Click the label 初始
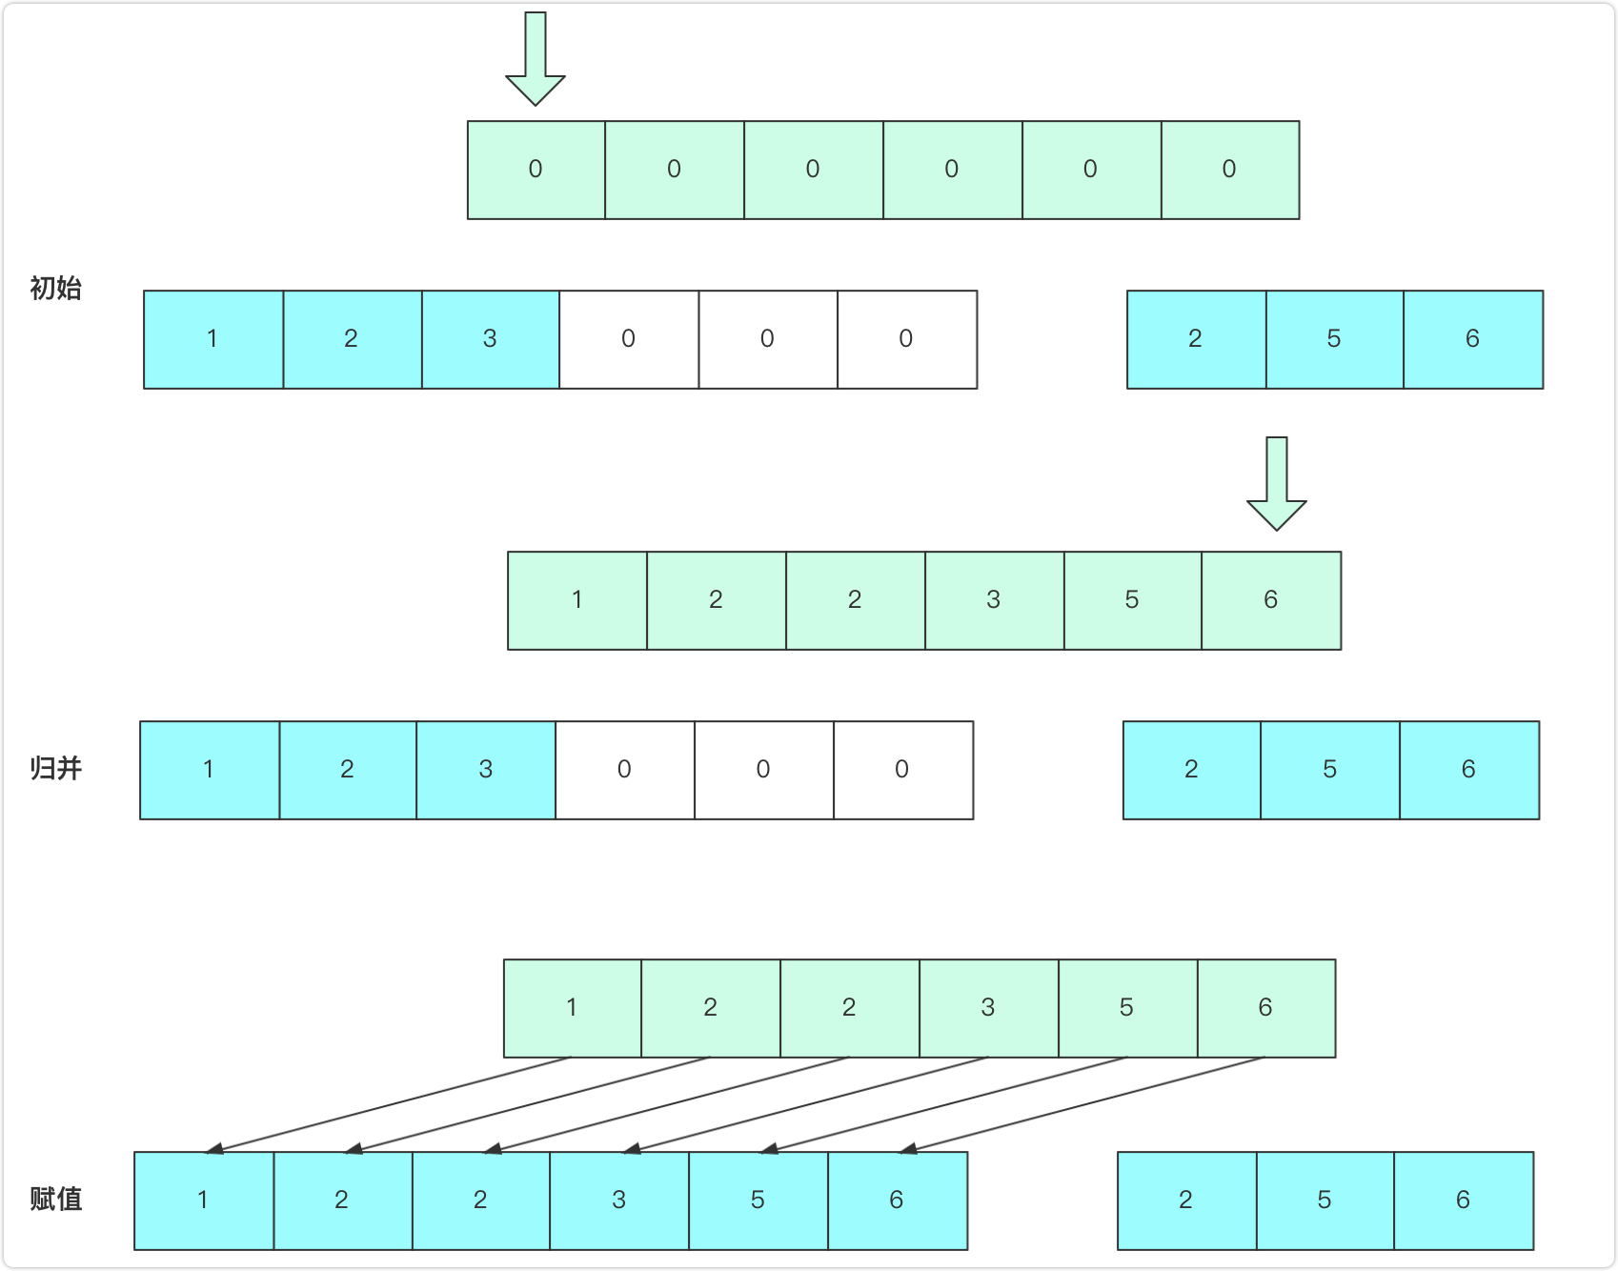pyautogui.click(x=55, y=288)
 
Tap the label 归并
pyautogui.click(x=55, y=768)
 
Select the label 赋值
pyautogui.click(x=55, y=1199)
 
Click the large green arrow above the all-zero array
pyautogui.click(x=535, y=59)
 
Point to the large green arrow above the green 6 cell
pyautogui.click(x=1276, y=484)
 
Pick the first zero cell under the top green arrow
pyautogui.click(x=536, y=170)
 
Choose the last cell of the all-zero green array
pyautogui.click(x=1229, y=170)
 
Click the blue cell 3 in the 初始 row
pyautogui.click(x=490, y=339)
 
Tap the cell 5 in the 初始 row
pyautogui.click(x=1334, y=339)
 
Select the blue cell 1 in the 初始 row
pyautogui.click(x=212, y=339)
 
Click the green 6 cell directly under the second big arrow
pyautogui.click(x=1271, y=600)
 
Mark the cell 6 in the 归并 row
pyautogui.click(x=1468, y=770)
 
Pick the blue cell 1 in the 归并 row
pyautogui.click(x=209, y=770)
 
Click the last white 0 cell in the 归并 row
pyautogui.click(x=902, y=770)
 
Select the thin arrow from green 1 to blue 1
pyautogui.click(x=388, y=1104)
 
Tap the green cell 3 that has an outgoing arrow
pyautogui.click(x=988, y=1008)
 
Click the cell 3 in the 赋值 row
pyautogui.click(x=619, y=1200)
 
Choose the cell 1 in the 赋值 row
pyautogui.click(x=203, y=1200)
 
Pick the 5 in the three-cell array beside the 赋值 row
pyautogui.click(x=1325, y=1200)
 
